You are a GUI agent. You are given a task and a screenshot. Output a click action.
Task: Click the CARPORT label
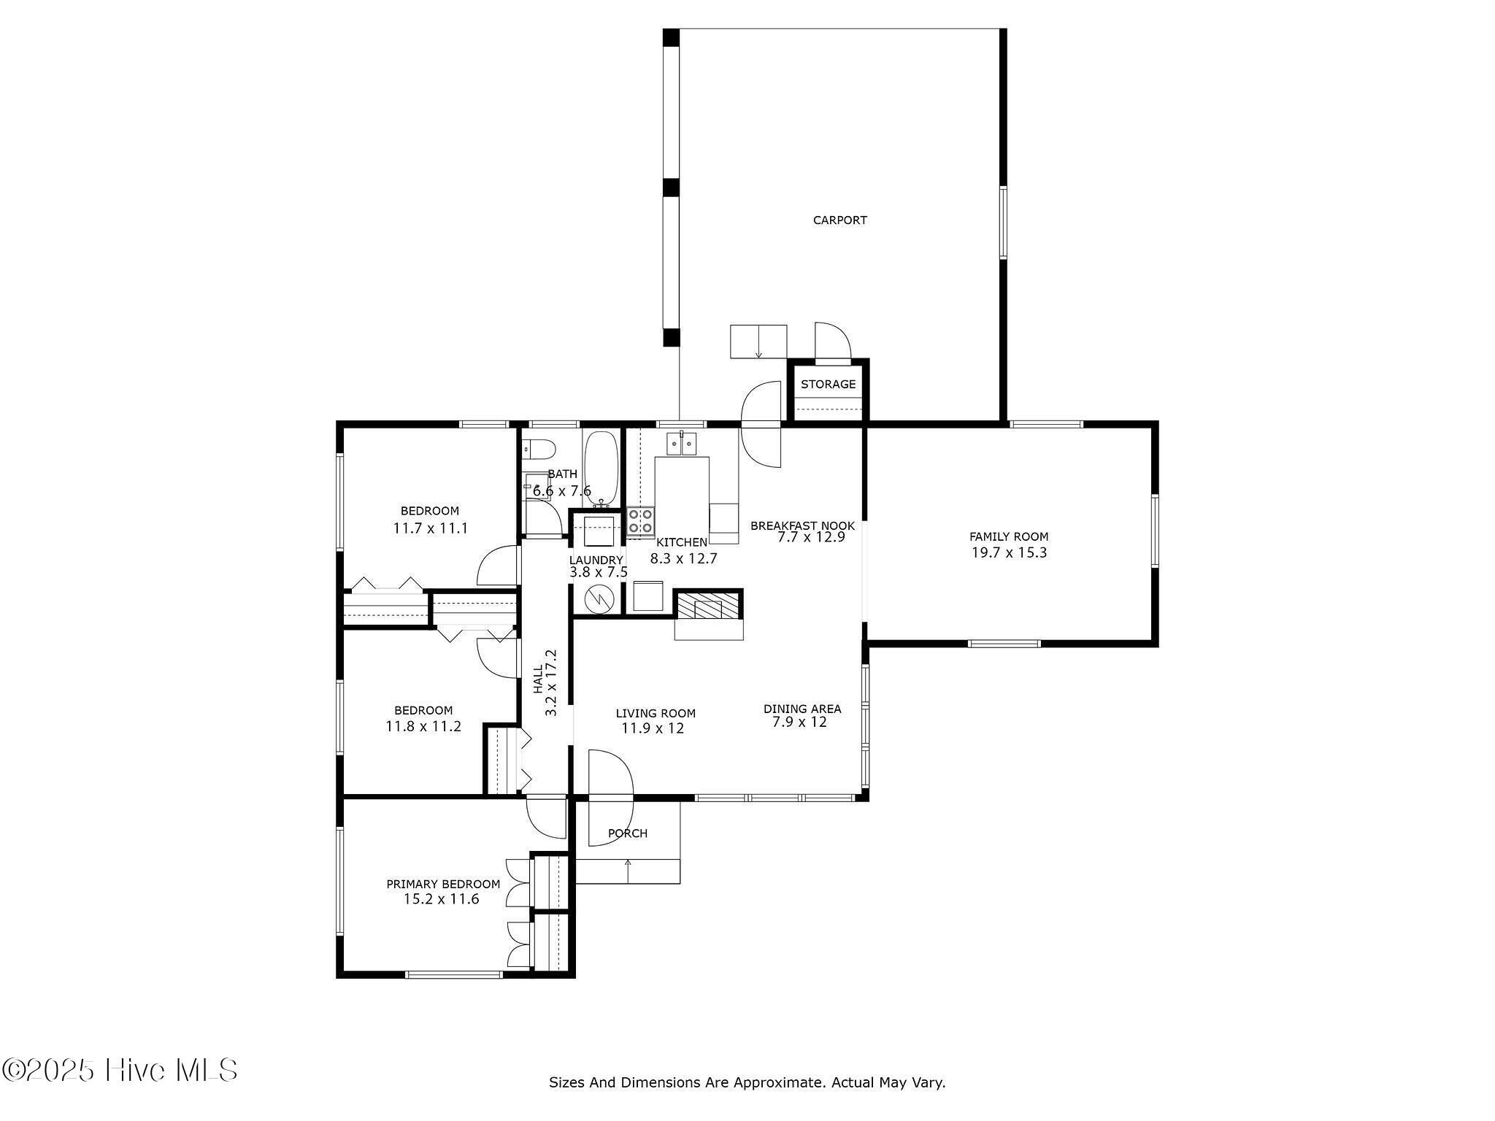(x=839, y=220)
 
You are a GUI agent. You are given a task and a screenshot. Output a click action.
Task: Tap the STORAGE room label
(x=828, y=384)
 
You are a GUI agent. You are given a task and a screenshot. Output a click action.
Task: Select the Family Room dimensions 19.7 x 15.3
(x=1009, y=552)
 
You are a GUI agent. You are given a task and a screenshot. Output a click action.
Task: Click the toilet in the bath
(x=538, y=449)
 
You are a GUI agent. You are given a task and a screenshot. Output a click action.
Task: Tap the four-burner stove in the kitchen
(x=640, y=521)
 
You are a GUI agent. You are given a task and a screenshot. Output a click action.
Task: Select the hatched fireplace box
(x=707, y=605)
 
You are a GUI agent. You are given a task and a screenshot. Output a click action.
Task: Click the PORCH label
(x=627, y=833)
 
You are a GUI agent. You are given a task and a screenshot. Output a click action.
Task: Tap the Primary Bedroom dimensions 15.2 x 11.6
(x=442, y=899)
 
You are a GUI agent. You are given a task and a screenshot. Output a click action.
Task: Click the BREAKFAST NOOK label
(x=802, y=525)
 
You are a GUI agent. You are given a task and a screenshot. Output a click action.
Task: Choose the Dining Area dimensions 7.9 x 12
(x=799, y=723)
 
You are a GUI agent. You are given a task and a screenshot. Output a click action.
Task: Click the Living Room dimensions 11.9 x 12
(x=653, y=728)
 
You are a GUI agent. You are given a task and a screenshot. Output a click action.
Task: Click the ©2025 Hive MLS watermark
(x=120, y=1070)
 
